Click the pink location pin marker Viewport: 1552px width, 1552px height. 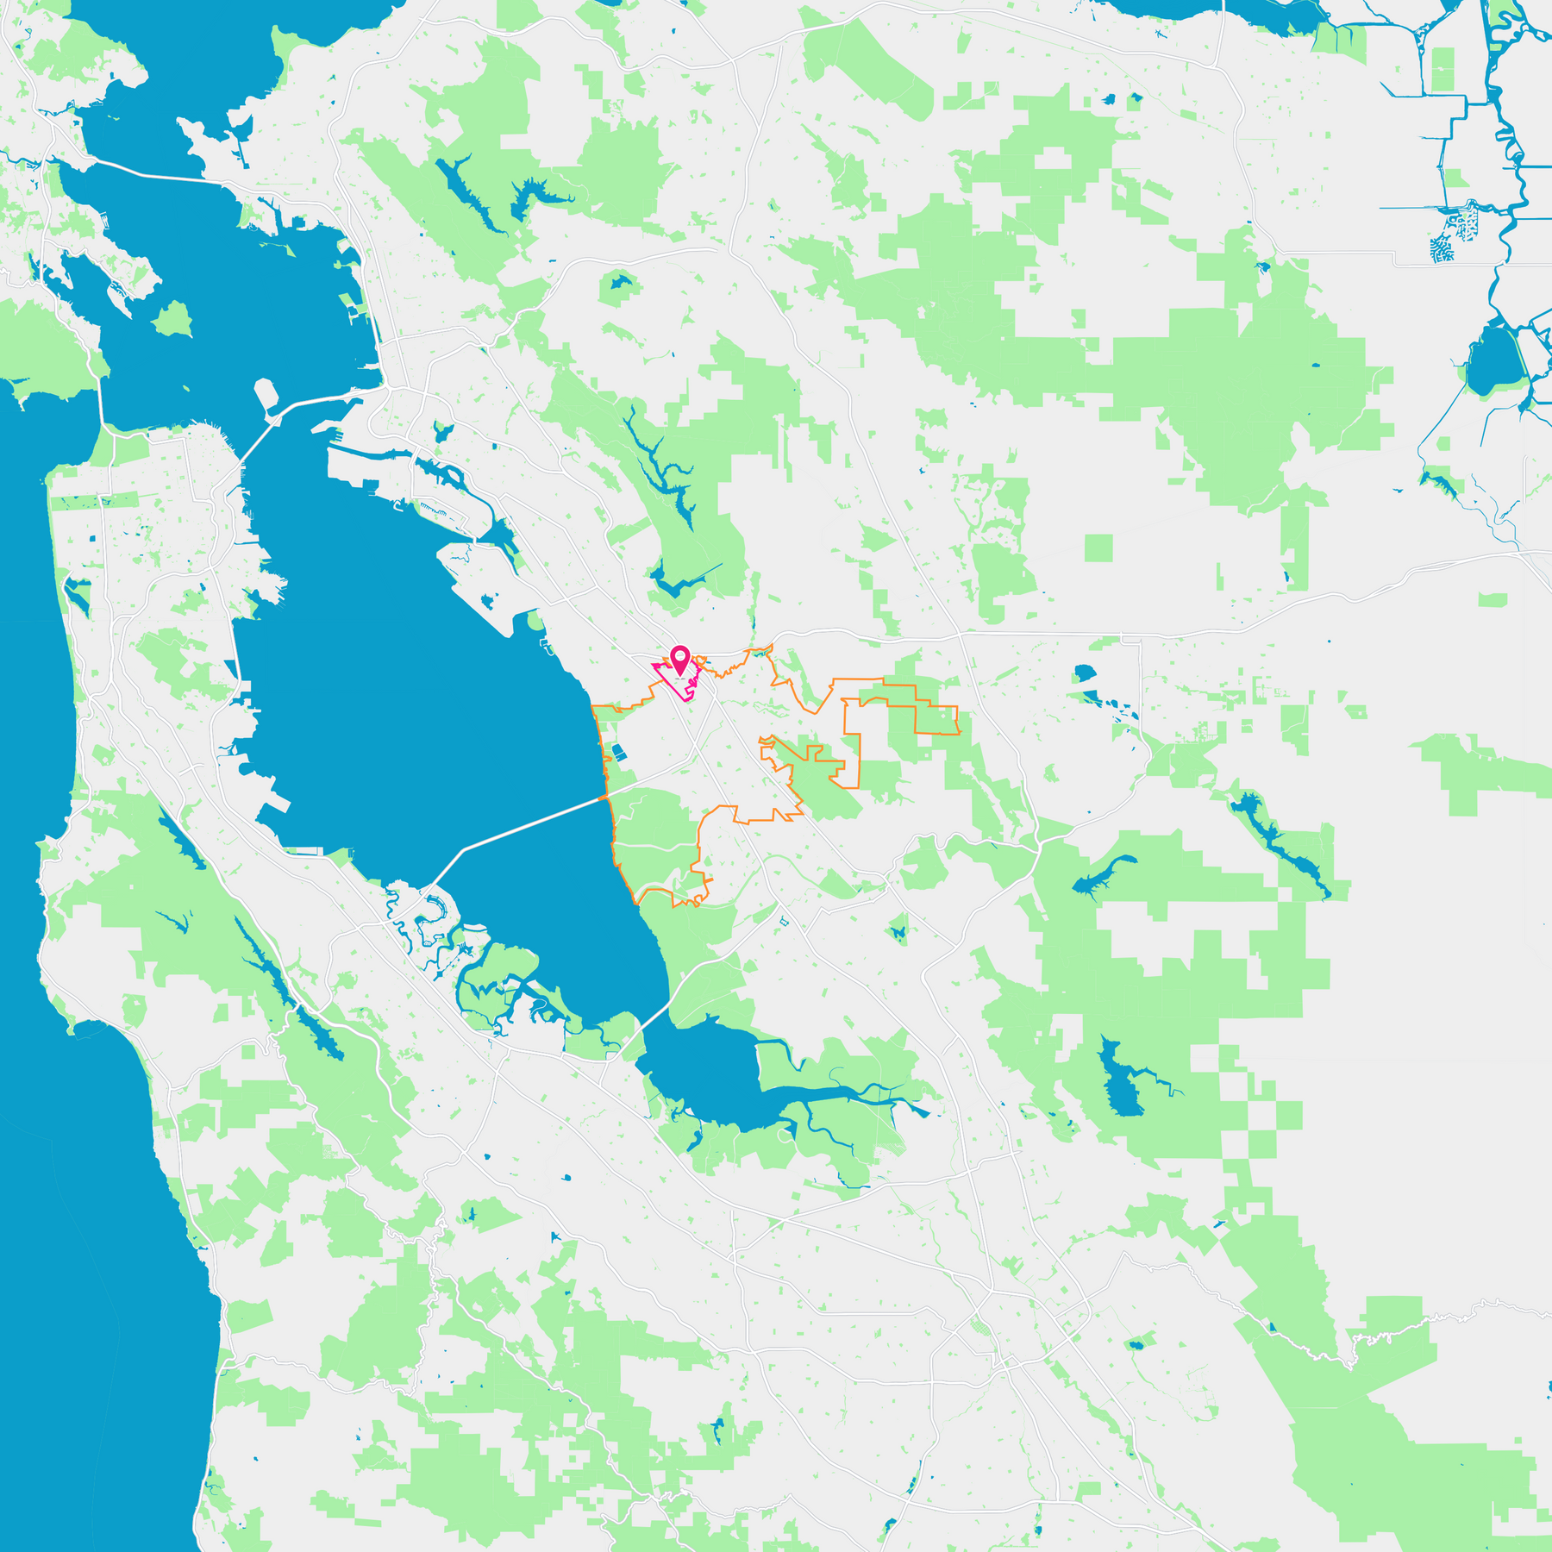click(x=680, y=660)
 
